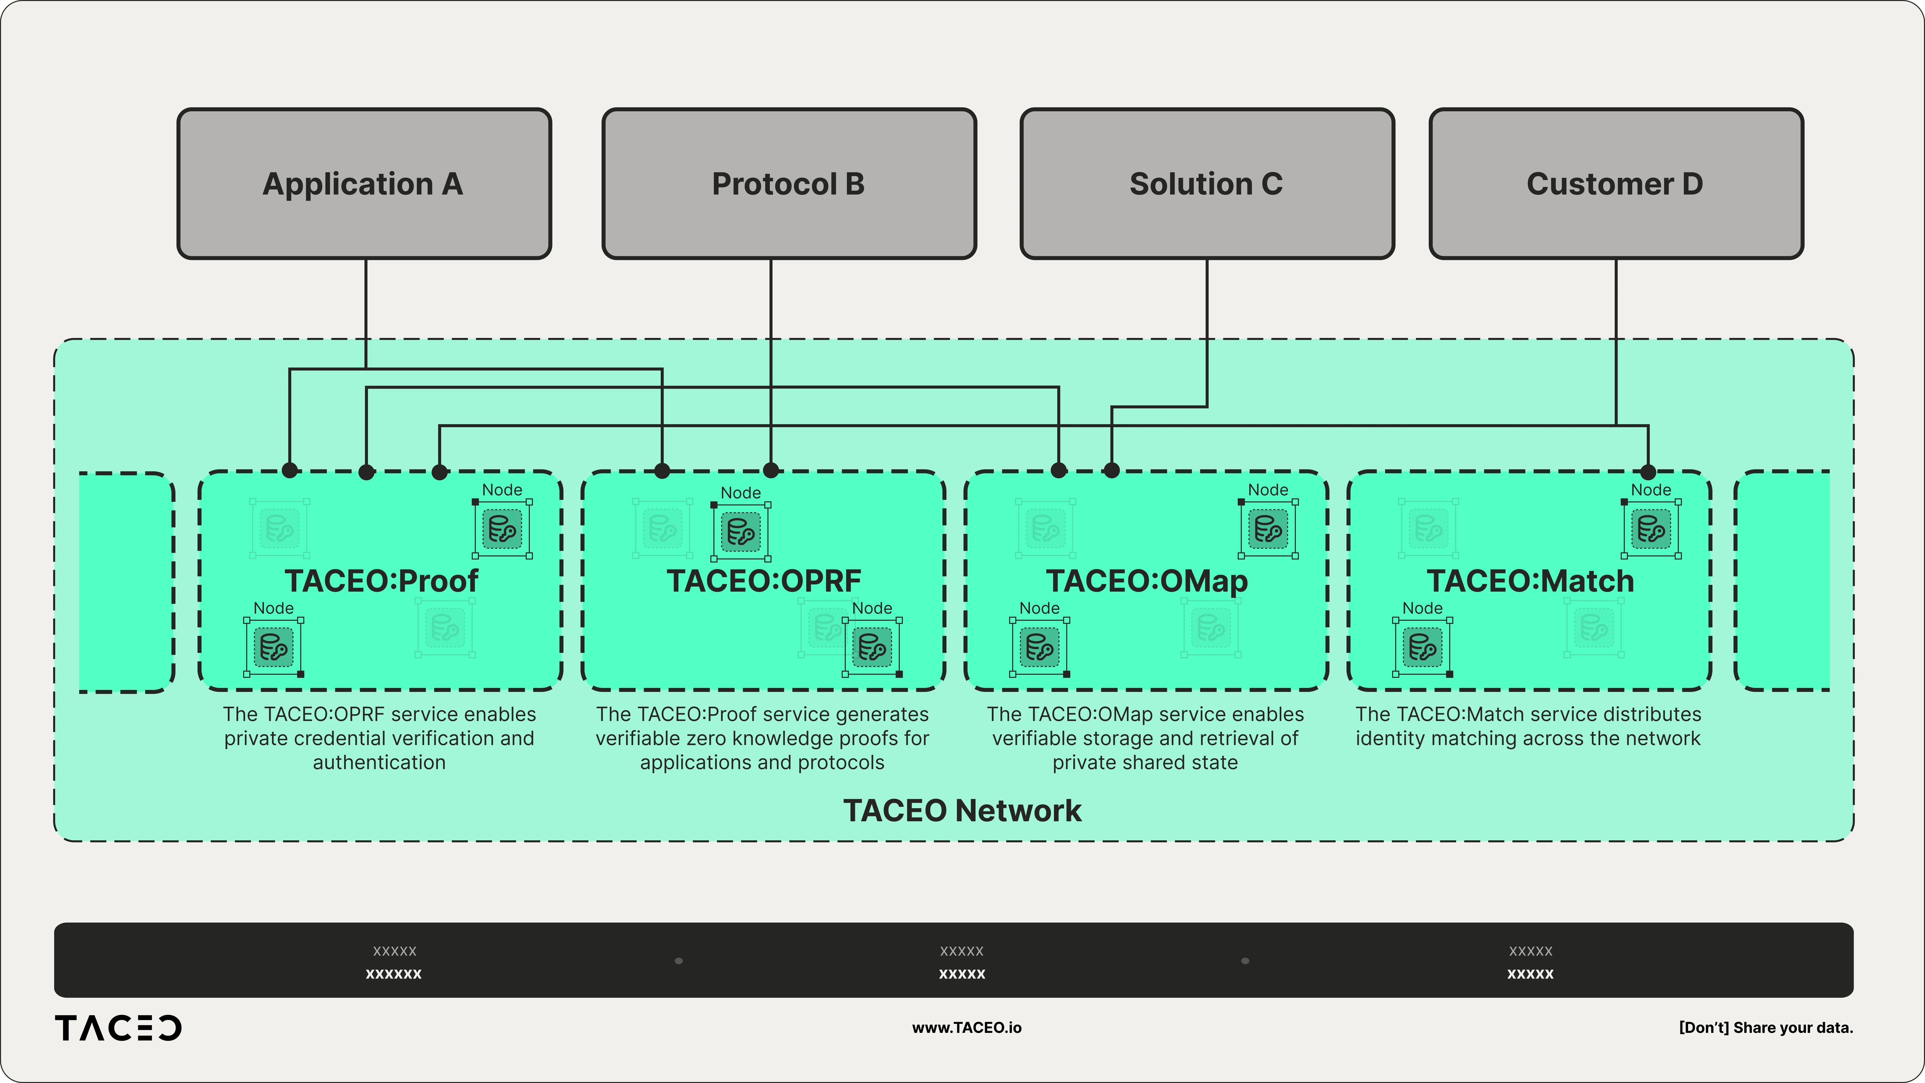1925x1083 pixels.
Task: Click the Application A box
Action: [x=364, y=184]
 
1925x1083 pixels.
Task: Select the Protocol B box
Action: [x=788, y=184]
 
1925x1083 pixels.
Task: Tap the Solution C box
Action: [x=1206, y=184]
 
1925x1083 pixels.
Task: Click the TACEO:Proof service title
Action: [x=381, y=581]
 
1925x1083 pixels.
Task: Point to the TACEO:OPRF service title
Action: [x=764, y=581]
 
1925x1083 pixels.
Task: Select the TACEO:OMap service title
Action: [x=1146, y=581]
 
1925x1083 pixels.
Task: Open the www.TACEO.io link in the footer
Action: [x=966, y=1028]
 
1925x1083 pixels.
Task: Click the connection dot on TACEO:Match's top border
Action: [x=1648, y=472]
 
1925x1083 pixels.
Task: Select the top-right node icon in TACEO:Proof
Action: [x=502, y=529]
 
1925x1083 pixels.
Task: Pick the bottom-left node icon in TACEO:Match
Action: [x=1422, y=647]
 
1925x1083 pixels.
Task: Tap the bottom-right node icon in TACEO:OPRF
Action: [x=872, y=647]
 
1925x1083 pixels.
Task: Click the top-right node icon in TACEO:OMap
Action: [x=1268, y=529]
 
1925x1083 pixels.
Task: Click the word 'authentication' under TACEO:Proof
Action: [x=379, y=762]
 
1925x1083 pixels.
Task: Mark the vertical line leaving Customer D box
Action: [x=1616, y=336]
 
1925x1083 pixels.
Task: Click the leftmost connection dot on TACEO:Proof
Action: [x=290, y=470]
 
